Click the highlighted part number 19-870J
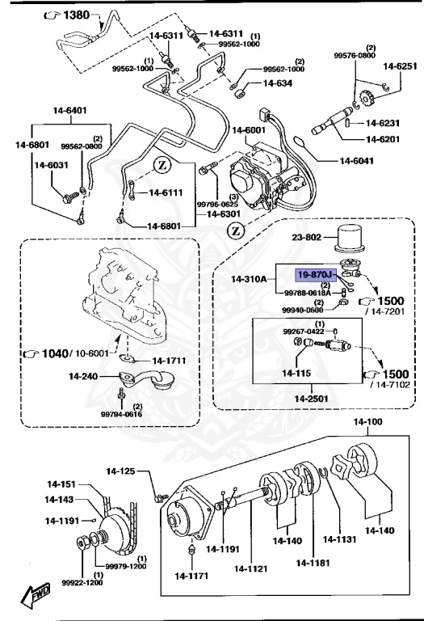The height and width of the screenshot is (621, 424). click(x=317, y=275)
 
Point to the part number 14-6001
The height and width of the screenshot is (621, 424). click(x=250, y=130)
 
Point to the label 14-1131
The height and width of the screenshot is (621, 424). click(x=342, y=540)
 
